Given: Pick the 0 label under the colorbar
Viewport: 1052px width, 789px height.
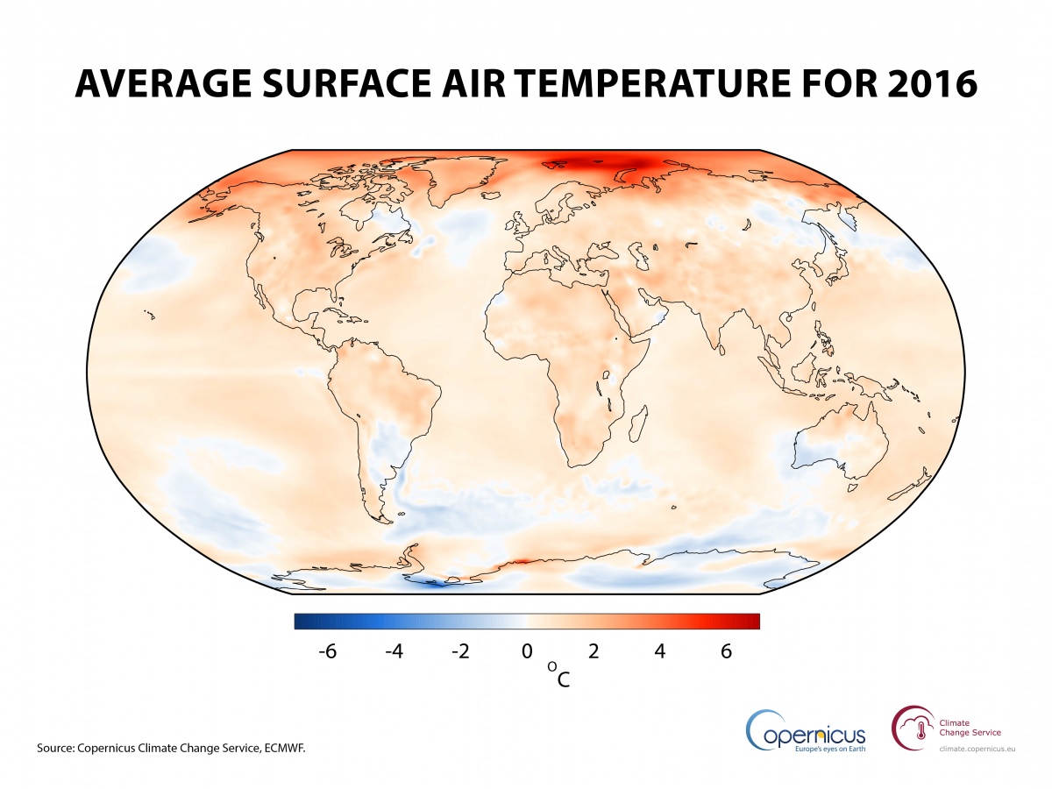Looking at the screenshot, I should point(527,651).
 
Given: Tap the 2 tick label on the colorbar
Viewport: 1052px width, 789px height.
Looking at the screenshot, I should point(594,651).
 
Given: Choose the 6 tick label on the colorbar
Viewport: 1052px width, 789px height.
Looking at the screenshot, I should point(726,651).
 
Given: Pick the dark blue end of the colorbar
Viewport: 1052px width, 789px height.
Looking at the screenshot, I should point(302,622).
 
